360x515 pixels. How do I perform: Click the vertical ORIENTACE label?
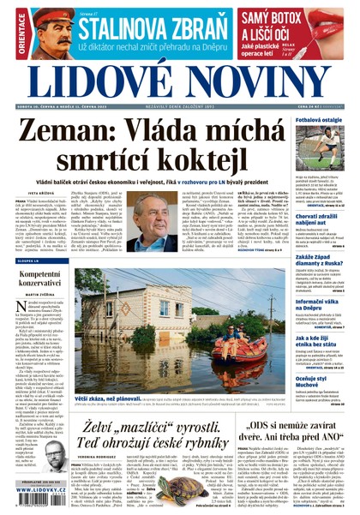pos(9,31)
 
